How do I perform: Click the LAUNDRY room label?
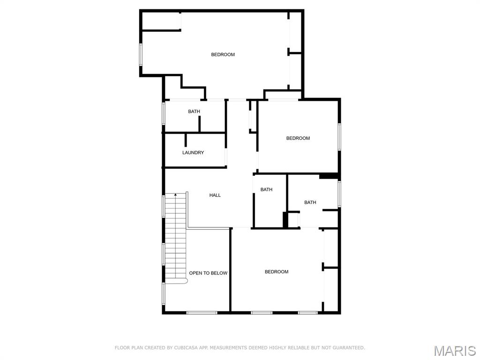pyautogui.click(x=193, y=153)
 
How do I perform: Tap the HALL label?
pyautogui.click(x=215, y=195)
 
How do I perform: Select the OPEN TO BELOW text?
pyautogui.click(x=208, y=273)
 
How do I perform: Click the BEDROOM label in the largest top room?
pyautogui.click(x=223, y=55)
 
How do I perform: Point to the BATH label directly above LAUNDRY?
pyautogui.click(x=194, y=112)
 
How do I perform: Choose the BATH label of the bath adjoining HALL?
pyautogui.click(x=266, y=190)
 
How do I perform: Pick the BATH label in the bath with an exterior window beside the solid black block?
pyautogui.click(x=310, y=202)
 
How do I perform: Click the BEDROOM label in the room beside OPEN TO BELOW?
pyautogui.click(x=277, y=272)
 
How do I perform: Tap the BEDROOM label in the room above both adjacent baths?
pyautogui.click(x=298, y=138)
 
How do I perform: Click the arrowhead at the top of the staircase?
pyautogui.click(x=176, y=195)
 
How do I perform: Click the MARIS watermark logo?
pyautogui.click(x=455, y=350)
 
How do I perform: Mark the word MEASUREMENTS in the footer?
pyautogui.click(x=229, y=348)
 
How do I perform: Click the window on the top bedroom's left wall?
pyautogui.click(x=140, y=54)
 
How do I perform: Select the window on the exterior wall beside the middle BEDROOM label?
pyautogui.click(x=339, y=137)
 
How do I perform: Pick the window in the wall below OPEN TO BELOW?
pyautogui.click(x=202, y=313)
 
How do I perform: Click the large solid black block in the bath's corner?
pyautogui.click(x=329, y=176)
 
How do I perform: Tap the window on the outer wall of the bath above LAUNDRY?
pyautogui.click(x=164, y=113)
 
